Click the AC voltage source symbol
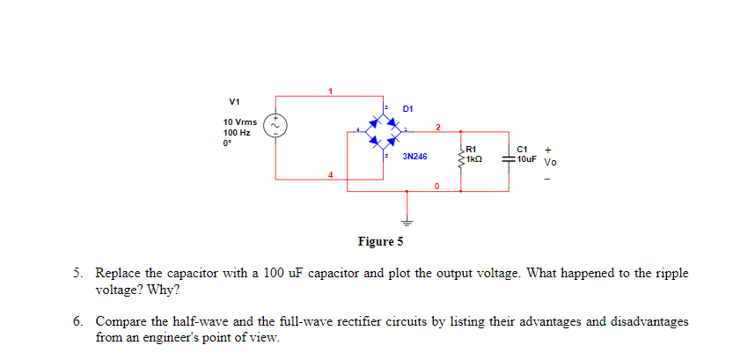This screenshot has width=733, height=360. tap(275, 124)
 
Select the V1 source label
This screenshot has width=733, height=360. tap(233, 100)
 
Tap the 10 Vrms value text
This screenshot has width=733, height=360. tap(240, 121)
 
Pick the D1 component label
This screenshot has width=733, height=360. tap(408, 108)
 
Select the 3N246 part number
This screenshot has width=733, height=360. tap(414, 156)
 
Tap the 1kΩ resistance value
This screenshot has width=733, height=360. tap(475, 159)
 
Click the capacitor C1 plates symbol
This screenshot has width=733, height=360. tap(508, 159)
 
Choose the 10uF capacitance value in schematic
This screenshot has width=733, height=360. tap(527, 159)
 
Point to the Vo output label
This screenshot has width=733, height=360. tap(550, 162)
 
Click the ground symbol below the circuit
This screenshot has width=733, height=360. tap(407, 223)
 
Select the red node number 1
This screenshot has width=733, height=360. tap(331, 91)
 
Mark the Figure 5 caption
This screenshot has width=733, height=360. tap(380, 241)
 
